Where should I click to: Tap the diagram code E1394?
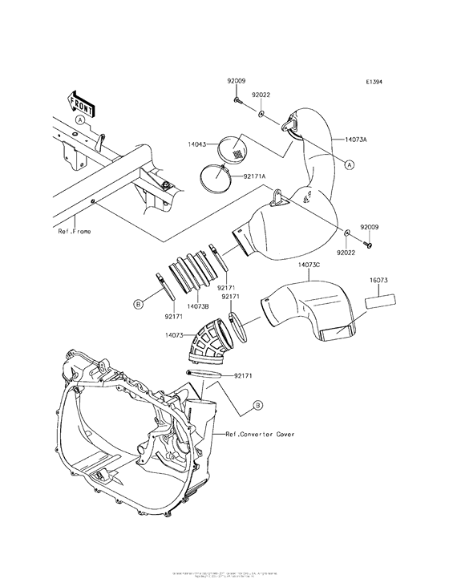click(375, 83)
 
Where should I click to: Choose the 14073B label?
click(198, 306)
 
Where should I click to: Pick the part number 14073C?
click(309, 264)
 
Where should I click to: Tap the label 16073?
click(379, 281)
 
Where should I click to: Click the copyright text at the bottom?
click(224, 574)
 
